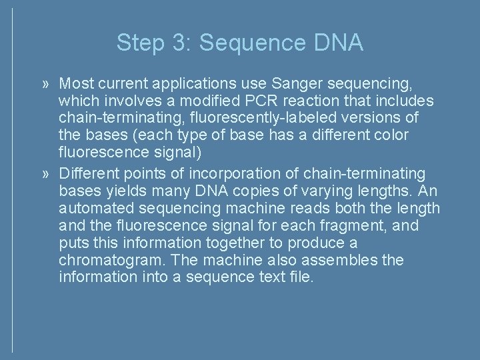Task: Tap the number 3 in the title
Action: pyautogui.click(x=180, y=43)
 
